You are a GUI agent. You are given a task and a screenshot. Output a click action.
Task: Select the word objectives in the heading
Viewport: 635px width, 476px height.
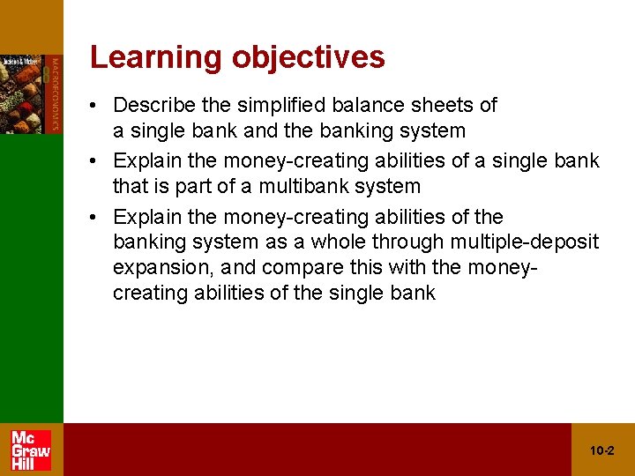tap(308, 57)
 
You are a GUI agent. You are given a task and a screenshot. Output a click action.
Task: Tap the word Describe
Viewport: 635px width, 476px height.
tap(154, 106)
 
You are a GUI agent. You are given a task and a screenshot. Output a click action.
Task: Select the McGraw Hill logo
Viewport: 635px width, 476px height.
tap(31, 450)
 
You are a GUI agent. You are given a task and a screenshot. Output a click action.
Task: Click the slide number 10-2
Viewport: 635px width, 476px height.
tap(602, 450)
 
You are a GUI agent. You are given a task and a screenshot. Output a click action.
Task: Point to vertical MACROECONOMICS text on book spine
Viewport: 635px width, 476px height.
tap(55, 93)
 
